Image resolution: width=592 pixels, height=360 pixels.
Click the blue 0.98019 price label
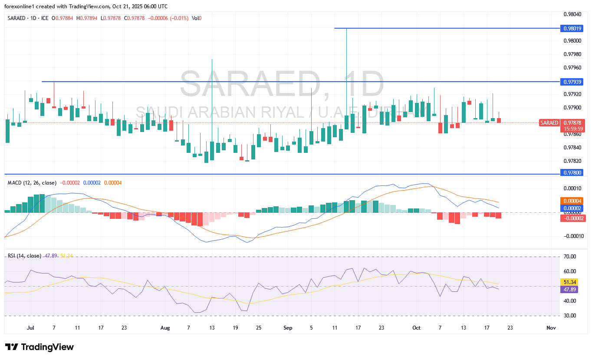tap(572, 28)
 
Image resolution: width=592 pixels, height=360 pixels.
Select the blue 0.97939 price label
tap(572, 82)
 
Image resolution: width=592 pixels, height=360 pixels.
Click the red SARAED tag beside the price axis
tap(549, 123)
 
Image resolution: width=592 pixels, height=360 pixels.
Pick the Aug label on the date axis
tap(165, 328)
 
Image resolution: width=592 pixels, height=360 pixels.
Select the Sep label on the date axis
tap(288, 328)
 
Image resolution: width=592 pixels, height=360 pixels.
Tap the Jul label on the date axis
tap(30, 328)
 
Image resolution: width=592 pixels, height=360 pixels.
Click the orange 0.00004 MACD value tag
tap(572, 201)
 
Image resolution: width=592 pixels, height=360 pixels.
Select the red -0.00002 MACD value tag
tap(572, 218)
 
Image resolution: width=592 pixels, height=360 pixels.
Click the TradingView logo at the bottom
tap(40, 347)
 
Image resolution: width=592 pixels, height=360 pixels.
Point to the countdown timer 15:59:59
tap(572, 129)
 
